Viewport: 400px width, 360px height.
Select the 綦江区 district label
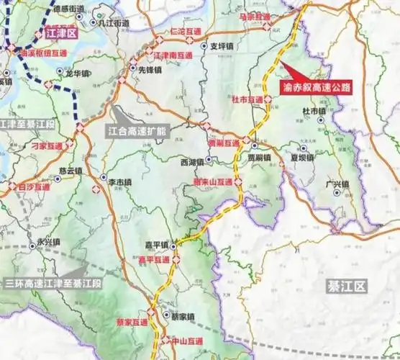(x=345, y=286)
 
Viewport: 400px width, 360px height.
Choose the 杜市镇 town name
(x=314, y=112)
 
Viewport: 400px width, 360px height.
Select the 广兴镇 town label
(x=336, y=184)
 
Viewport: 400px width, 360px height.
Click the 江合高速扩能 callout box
(x=137, y=131)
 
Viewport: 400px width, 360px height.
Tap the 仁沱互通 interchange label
(x=183, y=32)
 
